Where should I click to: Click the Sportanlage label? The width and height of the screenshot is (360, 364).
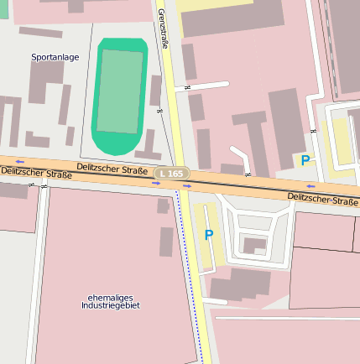(x=55, y=57)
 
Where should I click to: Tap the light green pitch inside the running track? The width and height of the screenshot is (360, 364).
(x=120, y=91)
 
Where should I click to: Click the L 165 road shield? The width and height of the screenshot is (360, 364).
(x=171, y=173)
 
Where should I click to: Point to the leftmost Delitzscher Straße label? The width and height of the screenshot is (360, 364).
(x=35, y=174)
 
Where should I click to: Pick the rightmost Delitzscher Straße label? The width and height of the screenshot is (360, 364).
(x=323, y=199)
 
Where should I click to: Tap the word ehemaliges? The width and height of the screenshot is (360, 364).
(x=110, y=298)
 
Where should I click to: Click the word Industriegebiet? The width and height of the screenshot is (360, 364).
(x=110, y=307)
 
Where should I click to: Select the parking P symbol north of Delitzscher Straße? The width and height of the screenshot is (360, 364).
(x=305, y=159)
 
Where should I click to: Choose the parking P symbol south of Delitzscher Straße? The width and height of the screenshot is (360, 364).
(x=209, y=235)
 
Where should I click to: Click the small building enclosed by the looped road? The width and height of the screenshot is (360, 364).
(x=253, y=245)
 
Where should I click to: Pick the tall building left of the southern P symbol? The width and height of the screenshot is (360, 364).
(x=166, y=242)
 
